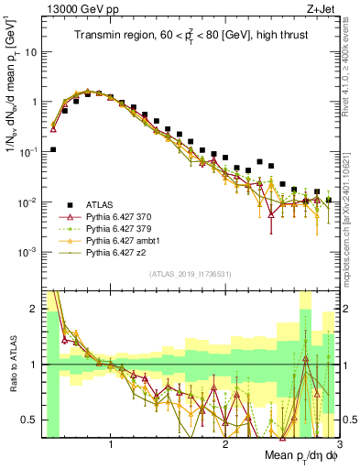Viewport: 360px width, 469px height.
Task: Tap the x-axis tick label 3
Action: point(338,447)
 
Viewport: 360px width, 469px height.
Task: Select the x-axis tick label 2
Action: point(225,447)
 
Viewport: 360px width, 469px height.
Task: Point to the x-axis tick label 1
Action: point(112,447)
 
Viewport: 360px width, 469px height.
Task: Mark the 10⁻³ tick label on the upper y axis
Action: point(27,251)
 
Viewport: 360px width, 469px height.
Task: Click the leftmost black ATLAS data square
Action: point(53,149)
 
